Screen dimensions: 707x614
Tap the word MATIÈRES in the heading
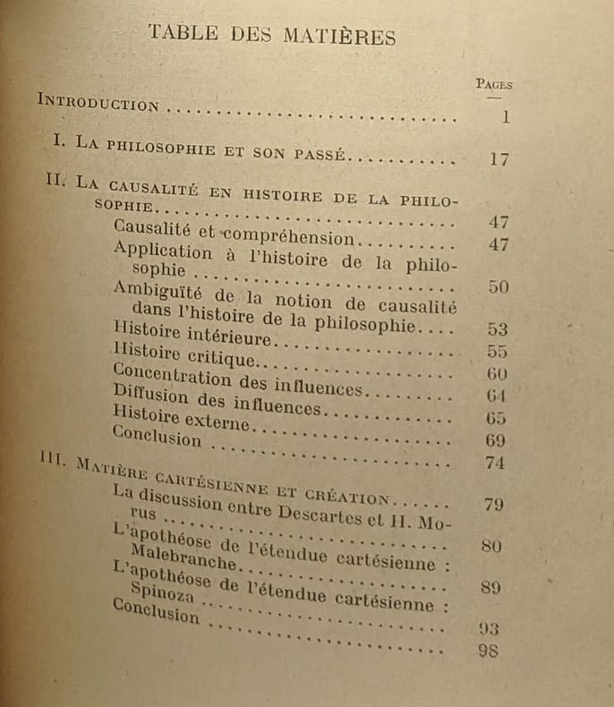(340, 37)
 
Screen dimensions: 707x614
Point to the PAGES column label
(493, 84)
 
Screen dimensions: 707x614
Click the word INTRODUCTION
(98, 102)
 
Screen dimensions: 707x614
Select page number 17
(499, 160)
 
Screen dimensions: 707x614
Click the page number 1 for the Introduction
(506, 116)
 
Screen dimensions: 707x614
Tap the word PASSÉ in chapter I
(316, 154)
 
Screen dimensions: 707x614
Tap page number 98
(489, 651)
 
